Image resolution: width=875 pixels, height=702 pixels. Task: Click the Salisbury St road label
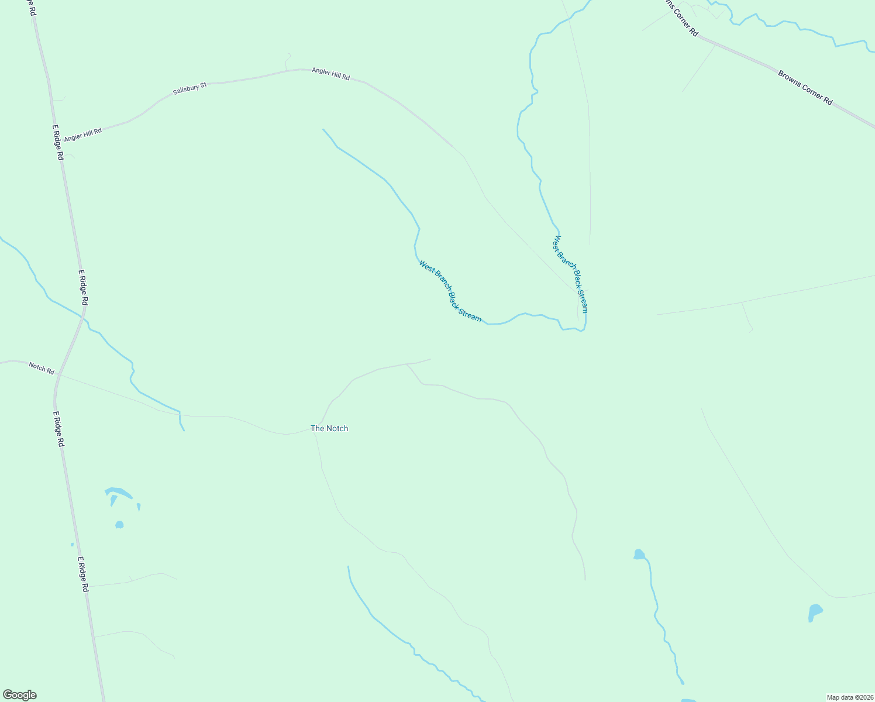click(x=190, y=89)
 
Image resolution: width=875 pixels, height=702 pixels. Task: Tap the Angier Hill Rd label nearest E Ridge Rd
click(x=82, y=135)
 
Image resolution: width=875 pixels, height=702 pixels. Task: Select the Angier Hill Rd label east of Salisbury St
click(x=330, y=74)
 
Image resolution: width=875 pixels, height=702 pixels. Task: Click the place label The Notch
click(x=329, y=428)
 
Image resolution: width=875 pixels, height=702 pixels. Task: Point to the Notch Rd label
click(x=42, y=368)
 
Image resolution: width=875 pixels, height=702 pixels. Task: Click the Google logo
click(x=19, y=694)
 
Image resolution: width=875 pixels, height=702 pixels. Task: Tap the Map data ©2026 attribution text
click(x=849, y=697)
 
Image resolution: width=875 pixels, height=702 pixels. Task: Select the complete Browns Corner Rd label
click(x=805, y=88)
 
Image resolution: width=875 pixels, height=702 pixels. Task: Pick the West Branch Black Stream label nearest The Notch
click(x=450, y=291)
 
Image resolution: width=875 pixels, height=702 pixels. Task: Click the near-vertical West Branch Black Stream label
click(x=570, y=274)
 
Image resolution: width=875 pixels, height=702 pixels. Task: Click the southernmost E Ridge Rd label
click(x=82, y=574)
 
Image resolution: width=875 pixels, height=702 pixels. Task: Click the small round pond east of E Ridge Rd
click(x=119, y=525)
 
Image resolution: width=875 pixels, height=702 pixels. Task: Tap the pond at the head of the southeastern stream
click(x=639, y=554)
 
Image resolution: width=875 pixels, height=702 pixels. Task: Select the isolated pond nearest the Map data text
click(x=814, y=612)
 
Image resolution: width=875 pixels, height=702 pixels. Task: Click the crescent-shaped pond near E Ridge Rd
click(x=117, y=493)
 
